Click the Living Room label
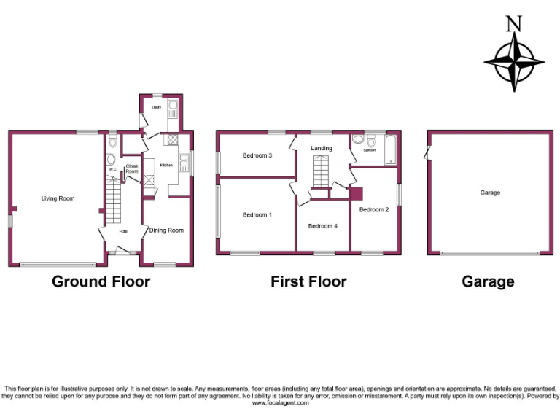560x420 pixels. (58, 198)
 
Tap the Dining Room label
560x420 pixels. (166, 230)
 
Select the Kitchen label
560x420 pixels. (166, 166)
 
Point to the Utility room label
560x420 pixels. (156, 108)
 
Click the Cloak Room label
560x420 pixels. (132, 168)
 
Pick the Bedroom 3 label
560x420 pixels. (257, 155)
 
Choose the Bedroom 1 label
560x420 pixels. (257, 215)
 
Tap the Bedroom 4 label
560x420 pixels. (322, 226)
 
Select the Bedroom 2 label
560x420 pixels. (374, 210)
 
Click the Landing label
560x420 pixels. (322, 149)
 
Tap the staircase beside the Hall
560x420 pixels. (113, 203)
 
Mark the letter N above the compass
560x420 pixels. (515, 23)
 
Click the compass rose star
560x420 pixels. (515, 62)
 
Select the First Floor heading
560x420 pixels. (308, 281)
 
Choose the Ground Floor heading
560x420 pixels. (101, 281)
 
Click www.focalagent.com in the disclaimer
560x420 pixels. (281, 403)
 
